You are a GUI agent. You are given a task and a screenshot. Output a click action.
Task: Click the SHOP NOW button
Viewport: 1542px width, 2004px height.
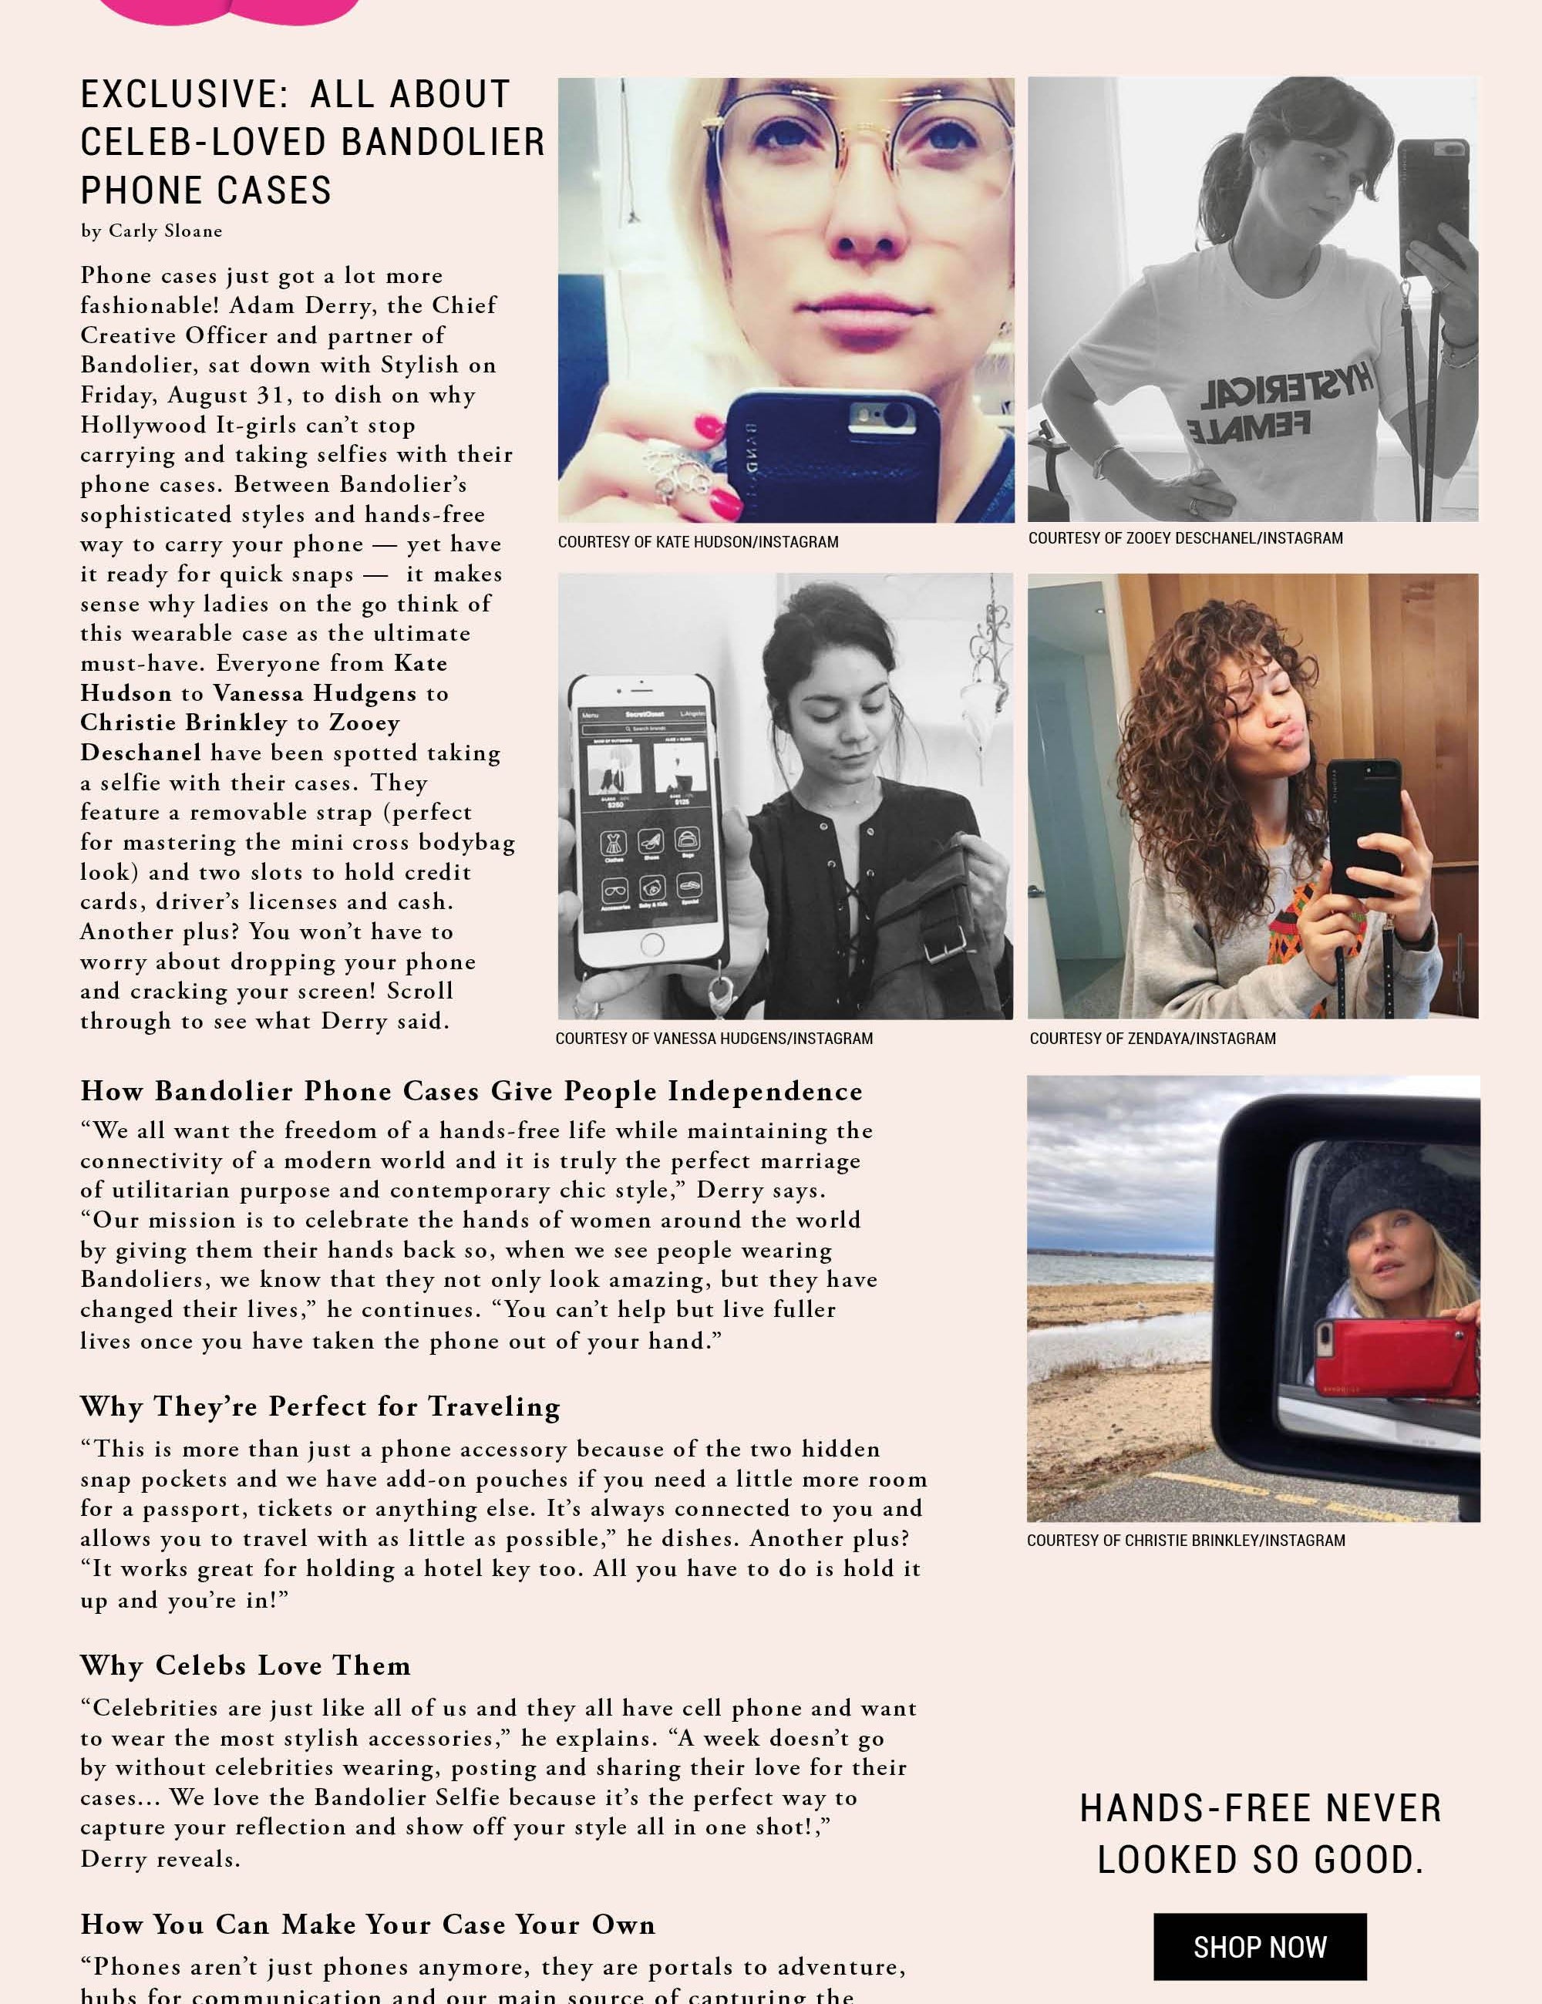[1260, 1946]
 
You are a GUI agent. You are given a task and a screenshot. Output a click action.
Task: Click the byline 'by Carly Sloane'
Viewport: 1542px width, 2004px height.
[151, 231]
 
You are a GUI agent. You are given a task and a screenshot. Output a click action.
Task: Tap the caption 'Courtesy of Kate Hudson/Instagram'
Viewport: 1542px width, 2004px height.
[697, 542]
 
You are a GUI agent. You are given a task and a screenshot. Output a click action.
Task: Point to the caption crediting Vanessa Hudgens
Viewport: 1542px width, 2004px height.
[714, 1039]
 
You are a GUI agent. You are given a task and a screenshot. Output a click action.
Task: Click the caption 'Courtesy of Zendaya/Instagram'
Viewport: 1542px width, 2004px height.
[1152, 1039]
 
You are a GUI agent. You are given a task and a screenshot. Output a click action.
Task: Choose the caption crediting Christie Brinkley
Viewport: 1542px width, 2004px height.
[1185, 1541]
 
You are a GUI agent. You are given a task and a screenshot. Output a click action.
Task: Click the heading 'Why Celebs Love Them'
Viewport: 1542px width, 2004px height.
[245, 1666]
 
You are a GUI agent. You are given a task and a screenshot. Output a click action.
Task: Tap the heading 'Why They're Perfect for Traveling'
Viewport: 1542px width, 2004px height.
[320, 1406]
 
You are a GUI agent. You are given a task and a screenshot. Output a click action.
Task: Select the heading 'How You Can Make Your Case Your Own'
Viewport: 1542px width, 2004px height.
[368, 1924]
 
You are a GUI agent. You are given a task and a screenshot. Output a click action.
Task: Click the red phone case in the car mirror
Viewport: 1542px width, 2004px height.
[1394, 1362]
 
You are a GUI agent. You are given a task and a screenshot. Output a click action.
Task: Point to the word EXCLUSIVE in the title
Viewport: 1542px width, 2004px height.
[184, 95]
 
